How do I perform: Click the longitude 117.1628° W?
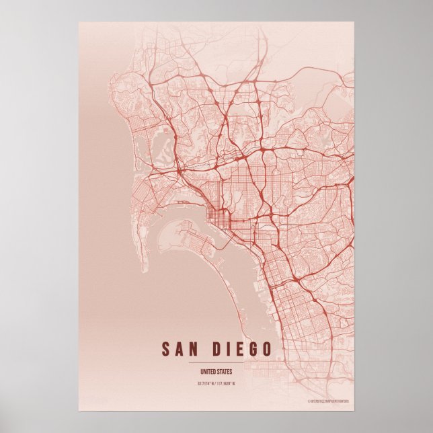[230, 385]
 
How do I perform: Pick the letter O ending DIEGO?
[268, 350]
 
